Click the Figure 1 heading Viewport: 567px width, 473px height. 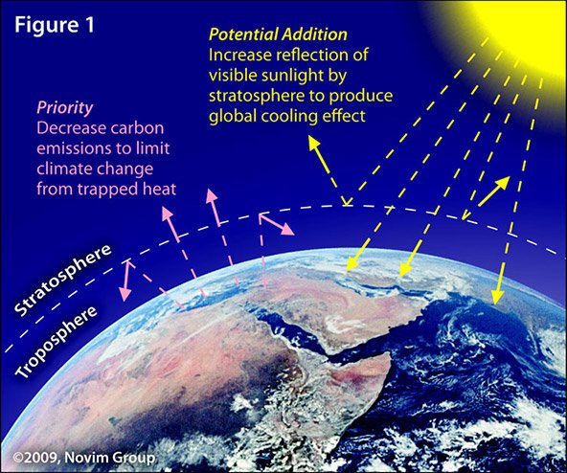coord(55,25)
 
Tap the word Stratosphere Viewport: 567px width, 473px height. coord(62,280)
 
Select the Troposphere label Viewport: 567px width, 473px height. coord(57,342)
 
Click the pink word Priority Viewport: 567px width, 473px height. coord(65,108)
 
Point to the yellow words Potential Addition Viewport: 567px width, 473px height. coord(278,34)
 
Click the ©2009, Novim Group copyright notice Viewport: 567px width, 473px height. coord(84,458)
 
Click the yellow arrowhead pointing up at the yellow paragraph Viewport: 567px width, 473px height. coord(314,144)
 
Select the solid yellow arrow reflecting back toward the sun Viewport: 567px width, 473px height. coord(494,191)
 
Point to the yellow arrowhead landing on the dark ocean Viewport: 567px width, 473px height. coord(497,297)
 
